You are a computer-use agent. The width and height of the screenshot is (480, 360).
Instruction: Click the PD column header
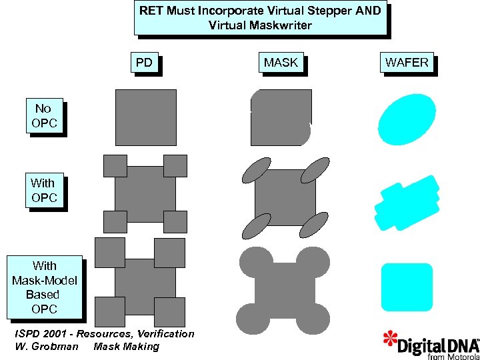click(144, 63)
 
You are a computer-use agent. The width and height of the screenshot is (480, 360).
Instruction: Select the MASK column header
click(281, 63)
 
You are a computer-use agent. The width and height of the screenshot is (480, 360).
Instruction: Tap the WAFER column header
click(407, 63)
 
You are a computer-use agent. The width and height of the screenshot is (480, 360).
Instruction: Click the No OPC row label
click(44, 116)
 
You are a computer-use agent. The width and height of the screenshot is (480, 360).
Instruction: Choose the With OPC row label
click(44, 190)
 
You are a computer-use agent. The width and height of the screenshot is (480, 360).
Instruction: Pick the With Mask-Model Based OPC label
click(44, 287)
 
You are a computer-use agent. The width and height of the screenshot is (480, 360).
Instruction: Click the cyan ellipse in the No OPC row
click(407, 119)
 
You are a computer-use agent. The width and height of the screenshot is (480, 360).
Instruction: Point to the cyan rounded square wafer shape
click(407, 287)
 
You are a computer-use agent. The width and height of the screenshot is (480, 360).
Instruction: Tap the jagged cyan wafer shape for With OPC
click(407, 203)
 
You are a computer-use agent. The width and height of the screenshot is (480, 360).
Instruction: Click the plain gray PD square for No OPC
click(146, 117)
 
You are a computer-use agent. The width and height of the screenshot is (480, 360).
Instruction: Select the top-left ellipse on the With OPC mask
click(256, 170)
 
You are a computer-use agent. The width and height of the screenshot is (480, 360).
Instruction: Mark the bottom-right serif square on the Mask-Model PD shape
click(170, 311)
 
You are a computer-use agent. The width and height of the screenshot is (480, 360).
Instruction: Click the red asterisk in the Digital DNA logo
click(390, 338)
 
